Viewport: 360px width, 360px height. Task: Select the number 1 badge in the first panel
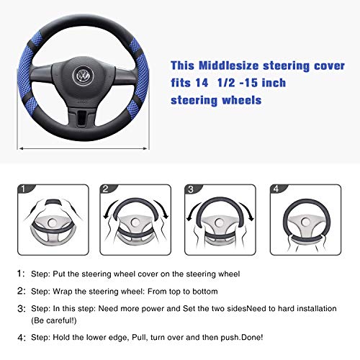click(x=23, y=190)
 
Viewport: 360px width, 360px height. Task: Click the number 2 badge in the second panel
click(x=105, y=190)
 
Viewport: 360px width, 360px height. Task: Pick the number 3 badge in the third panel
click(x=191, y=190)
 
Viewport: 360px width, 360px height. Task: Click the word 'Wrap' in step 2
click(x=84, y=291)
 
